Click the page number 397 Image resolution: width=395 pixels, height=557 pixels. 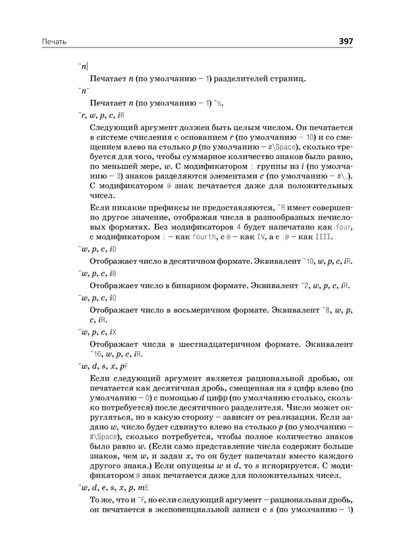[346, 41]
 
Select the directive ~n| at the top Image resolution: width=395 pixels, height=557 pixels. [84, 66]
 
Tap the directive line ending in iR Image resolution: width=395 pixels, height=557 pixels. [97, 115]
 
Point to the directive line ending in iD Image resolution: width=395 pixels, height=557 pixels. [97, 249]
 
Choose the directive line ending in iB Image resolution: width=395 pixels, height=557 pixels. [97, 273]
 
